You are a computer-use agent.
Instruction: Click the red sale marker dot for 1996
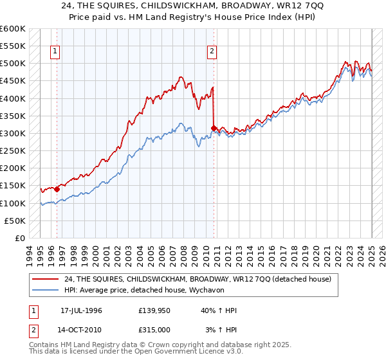(x=57, y=189)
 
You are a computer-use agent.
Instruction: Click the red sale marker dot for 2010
(x=214, y=128)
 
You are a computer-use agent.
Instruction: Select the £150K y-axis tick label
(x=13, y=186)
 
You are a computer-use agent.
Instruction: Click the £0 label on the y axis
(x=19, y=239)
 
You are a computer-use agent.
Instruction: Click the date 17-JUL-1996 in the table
(x=81, y=310)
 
